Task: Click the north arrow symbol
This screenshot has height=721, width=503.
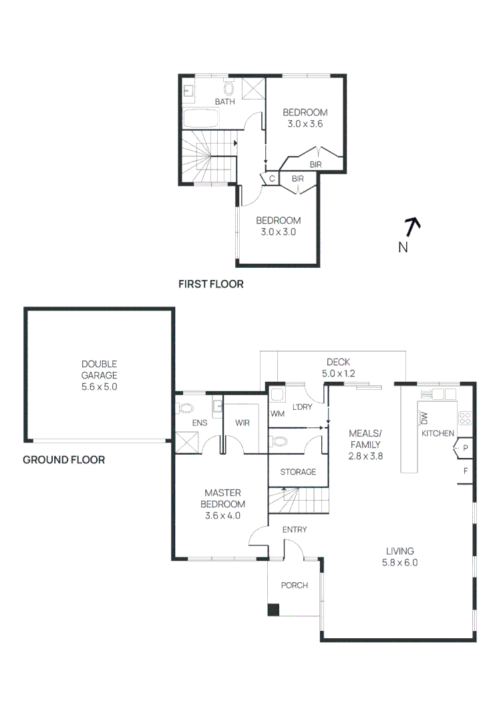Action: coord(413,227)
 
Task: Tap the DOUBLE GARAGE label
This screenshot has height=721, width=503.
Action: coord(100,369)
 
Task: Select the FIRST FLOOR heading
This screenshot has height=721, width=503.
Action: coord(211,284)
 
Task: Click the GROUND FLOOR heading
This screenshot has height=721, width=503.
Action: coord(64,460)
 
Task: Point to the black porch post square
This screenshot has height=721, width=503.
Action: coord(273,610)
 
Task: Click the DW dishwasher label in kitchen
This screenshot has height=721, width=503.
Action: coord(424,417)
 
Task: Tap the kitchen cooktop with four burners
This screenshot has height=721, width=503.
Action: coord(465,418)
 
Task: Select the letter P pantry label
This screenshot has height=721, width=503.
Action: coord(466,448)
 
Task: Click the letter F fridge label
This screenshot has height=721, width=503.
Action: coord(466,471)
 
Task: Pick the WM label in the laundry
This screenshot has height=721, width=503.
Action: coord(277,414)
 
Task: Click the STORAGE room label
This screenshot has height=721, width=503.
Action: coord(298,472)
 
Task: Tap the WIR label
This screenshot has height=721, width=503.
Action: coord(242,423)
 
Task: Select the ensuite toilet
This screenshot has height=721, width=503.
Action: coord(186,408)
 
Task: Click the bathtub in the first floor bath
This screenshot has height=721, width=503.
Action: coord(200,117)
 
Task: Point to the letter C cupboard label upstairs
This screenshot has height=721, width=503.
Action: coord(272,179)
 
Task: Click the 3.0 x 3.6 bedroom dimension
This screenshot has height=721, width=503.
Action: coord(305,124)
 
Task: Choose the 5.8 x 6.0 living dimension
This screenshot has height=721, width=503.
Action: coord(400,562)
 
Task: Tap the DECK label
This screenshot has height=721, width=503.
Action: coord(338,362)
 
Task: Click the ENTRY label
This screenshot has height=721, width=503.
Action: coord(295,529)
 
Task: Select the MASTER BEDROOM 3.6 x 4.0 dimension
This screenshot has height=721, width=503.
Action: coord(222,515)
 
